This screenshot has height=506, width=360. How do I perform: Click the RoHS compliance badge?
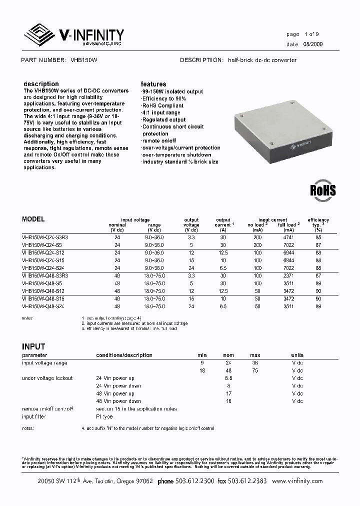[322, 190]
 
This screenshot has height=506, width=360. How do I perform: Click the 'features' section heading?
[153, 84]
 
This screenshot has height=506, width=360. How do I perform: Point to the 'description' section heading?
[41, 84]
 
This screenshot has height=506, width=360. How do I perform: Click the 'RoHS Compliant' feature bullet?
[162, 106]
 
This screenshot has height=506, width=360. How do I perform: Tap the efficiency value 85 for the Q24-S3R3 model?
[318, 238]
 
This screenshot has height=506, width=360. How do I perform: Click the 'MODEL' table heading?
[33, 219]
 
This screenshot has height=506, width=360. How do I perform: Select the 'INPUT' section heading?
[33, 346]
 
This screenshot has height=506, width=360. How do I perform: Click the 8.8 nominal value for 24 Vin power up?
[228, 378]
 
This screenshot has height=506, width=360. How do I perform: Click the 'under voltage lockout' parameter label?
[47, 378]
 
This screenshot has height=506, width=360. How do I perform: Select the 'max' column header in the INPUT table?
[255, 355]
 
